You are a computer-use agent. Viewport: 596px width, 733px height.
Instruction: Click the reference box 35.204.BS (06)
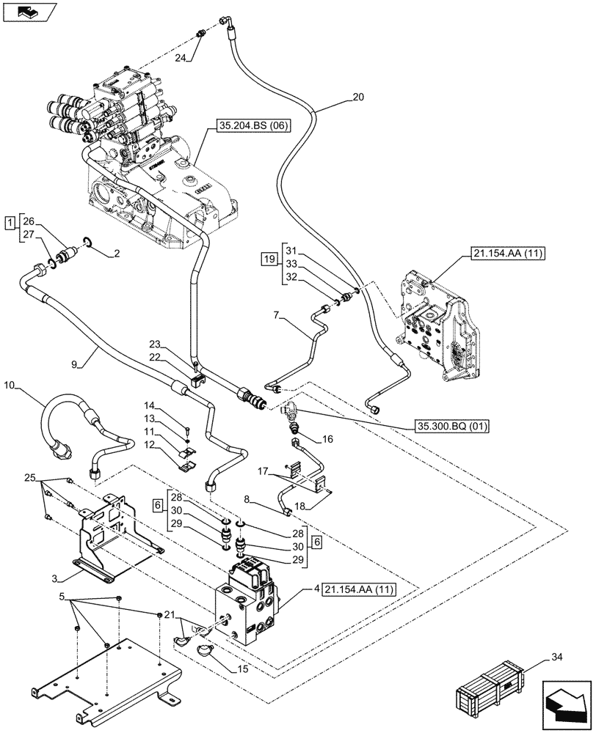(254, 126)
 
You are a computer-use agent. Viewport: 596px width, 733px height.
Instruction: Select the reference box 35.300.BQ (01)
(454, 425)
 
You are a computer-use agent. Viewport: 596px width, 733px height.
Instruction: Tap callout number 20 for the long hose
(357, 96)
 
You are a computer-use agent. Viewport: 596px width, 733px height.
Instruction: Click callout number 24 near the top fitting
(178, 57)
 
